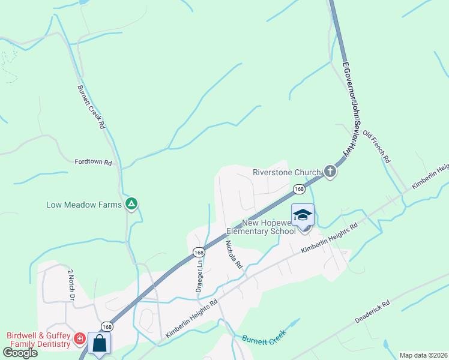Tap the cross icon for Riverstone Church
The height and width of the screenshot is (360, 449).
pyautogui.click(x=330, y=172)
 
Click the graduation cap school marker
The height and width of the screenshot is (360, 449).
pyautogui.click(x=303, y=215)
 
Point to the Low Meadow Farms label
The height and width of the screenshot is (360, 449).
pyautogui.click(x=84, y=205)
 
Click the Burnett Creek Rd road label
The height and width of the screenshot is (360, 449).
pyautogui.click(x=91, y=107)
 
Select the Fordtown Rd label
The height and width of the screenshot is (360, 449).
pyautogui.click(x=93, y=162)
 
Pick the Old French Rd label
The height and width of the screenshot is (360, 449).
pyautogui.click(x=376, y=148)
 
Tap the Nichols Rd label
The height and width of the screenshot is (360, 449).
pyautogui.click(x=233, y=254)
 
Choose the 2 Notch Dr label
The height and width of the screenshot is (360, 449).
pyautogui.click(x=70, y=284)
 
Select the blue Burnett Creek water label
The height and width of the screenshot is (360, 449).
pyautogui.click(x=261, y=340)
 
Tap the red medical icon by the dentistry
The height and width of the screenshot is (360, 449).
pyautogui.click(x=79, y=340)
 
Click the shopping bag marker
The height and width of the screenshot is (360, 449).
pyautogui.click(x=99, y=344)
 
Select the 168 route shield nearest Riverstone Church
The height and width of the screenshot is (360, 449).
pyautogui.click(x=299, y=190)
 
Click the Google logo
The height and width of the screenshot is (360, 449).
pyautogui.click(x=20, y=353)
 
